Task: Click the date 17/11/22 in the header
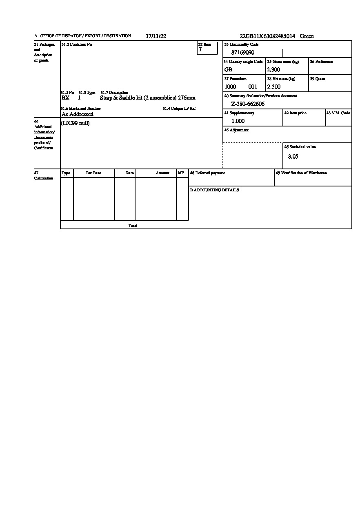[156, 36]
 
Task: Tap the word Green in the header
[307, 36]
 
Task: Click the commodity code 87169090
[243, 53]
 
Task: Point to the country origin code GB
[228, 70]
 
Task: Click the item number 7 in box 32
[200, 50]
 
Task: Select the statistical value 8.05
[293, 157]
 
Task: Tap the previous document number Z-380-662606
[248, 104]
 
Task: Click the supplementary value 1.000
[238, 121]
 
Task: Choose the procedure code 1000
[230, 87]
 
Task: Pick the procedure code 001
[253, 87]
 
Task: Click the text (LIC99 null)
[75, 123]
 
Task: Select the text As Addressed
[78, 114]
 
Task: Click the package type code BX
[65, 98]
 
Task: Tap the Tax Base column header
[93, 173]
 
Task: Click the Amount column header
[162, 173]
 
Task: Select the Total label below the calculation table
[133, 226]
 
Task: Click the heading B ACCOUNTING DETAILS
[214, 190]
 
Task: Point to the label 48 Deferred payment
[207, 173]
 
